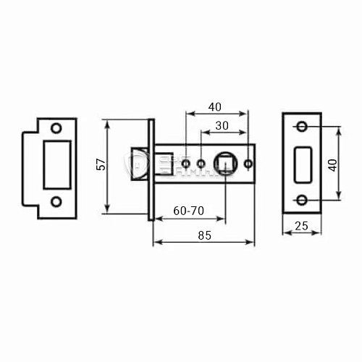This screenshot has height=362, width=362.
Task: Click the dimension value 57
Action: (102, 164)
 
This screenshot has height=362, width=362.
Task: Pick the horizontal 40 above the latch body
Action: (214, 106)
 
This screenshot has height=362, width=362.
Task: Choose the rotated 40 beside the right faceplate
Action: (332, 164)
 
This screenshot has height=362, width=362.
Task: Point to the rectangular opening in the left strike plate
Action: (57, 164)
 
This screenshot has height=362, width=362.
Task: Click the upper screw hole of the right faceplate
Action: (302, 128)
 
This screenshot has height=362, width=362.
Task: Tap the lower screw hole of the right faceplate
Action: (302, 201)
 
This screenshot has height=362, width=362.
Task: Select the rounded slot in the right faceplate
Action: (302, 164)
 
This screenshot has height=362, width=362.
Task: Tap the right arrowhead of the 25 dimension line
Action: (319, 233)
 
